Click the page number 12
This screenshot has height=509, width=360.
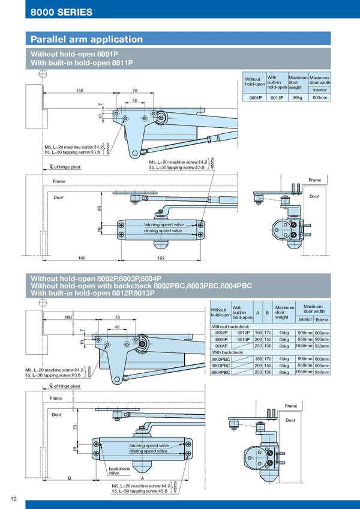(13, 498)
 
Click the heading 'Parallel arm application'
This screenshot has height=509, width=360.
(87, 40)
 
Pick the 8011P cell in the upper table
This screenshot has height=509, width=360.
(277, 98)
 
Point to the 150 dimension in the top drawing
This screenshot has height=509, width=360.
(79, 90)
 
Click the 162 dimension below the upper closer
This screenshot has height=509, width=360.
(161, 258)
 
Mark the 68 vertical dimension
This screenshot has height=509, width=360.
(100, 209)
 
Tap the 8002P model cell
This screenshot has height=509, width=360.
(221, 333)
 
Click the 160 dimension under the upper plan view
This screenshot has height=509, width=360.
(82, 258)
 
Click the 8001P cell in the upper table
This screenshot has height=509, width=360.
(254, 98)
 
